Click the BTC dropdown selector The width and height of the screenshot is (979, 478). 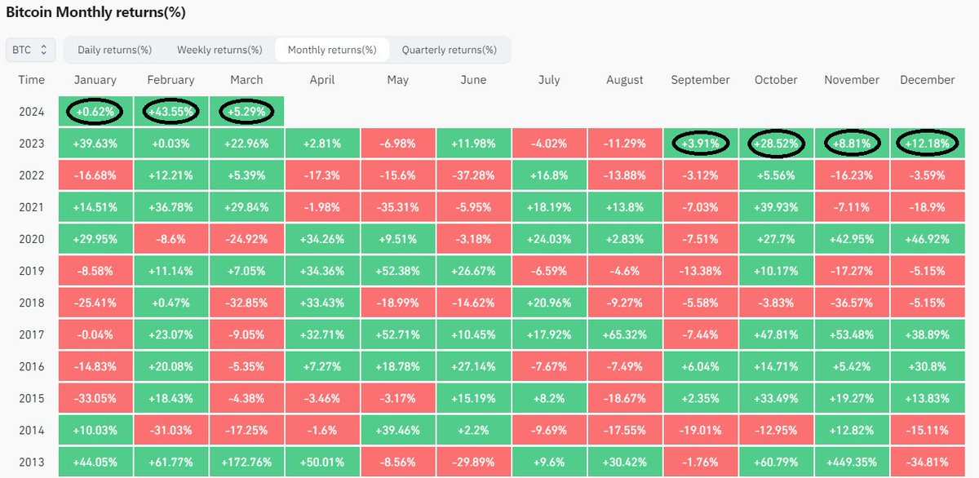31,50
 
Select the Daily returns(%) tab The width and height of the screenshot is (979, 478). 115,50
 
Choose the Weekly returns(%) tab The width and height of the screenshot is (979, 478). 219,50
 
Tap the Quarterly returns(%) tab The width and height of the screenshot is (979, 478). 449,50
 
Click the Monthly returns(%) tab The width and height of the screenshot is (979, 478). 332,50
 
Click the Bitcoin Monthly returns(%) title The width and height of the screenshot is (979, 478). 95,13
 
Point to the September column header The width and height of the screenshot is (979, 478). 700,80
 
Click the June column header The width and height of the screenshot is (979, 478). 473,80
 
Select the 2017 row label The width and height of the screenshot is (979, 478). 32,334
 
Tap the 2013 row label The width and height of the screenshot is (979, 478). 32,462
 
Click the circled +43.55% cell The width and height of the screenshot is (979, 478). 171,112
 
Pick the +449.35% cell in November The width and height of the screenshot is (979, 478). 852,462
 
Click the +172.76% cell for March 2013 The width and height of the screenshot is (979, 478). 246,462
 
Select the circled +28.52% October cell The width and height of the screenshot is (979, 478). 776,144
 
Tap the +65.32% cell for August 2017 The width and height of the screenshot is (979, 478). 625,334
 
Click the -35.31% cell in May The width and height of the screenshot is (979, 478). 397,207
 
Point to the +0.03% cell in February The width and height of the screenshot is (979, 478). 171,144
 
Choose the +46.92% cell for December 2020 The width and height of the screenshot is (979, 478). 927,239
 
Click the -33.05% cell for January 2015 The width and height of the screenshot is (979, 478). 95,398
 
